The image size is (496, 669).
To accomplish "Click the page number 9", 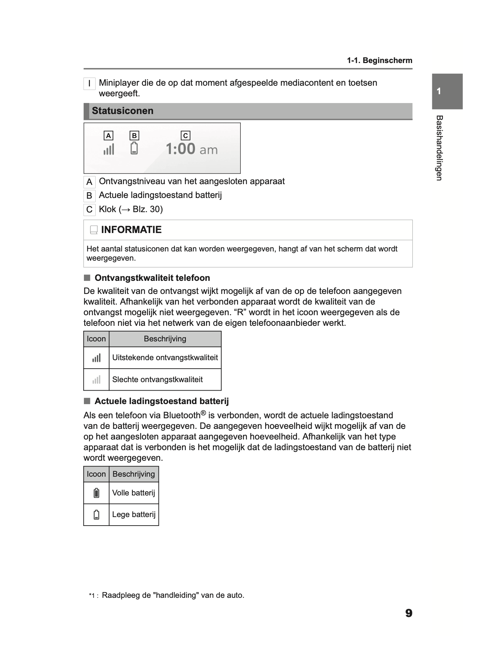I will coord(409,613).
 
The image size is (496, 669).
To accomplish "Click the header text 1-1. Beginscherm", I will coord(379,61).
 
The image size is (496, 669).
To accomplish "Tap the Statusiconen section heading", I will coord(122,111).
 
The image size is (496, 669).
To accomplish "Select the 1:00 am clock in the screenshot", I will coord(192,149).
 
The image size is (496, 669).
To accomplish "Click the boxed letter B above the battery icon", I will coord(134,136).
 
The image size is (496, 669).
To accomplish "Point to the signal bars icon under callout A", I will coord(109,149).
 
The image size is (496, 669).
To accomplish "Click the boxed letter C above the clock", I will coord(185,136).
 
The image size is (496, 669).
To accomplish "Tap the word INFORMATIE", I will coord(131,230).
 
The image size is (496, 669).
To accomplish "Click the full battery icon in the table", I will coord(96,493).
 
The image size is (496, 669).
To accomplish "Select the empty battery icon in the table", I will coord(96,515).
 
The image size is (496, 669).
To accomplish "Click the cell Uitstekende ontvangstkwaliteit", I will coord(165,358).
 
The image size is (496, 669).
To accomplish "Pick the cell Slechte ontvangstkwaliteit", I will coord(157,380).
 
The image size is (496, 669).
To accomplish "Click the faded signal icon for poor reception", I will coord(96,380).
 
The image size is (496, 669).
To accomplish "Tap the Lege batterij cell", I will coord(134,515).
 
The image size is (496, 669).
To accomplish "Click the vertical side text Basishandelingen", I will coord(439,148).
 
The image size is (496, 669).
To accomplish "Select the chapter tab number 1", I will coord(439,91).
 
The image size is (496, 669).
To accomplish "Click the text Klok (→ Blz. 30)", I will coord(131,209).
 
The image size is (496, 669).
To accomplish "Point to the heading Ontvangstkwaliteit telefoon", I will coord(152,278).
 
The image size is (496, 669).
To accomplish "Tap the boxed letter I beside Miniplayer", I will coord(89,84).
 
